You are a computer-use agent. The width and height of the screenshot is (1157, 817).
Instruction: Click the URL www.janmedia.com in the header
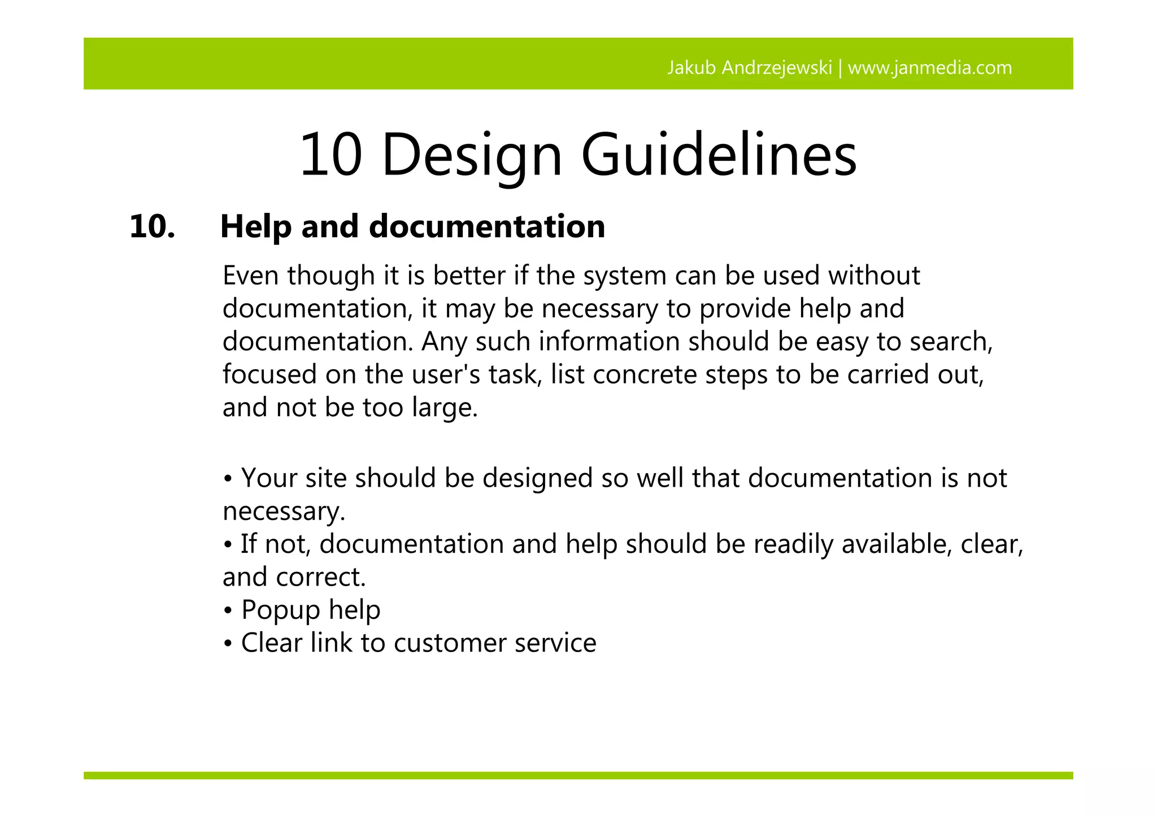930,68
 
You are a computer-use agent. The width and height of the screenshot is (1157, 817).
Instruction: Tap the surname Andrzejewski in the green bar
777,68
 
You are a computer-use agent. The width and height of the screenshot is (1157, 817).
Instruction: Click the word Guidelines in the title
719,155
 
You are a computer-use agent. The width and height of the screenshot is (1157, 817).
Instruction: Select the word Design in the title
472,155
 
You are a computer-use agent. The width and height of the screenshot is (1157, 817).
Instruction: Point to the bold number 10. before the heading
152,227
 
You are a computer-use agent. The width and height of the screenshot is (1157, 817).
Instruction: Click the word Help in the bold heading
256,227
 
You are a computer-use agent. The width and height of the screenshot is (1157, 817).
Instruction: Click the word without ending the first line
874,276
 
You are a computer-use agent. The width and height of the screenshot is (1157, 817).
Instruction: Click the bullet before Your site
228,479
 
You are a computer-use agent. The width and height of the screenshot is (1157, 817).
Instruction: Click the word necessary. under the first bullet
284,512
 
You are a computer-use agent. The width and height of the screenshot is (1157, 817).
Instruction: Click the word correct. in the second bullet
321,577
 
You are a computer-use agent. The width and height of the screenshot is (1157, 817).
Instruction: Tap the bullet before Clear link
228,644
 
